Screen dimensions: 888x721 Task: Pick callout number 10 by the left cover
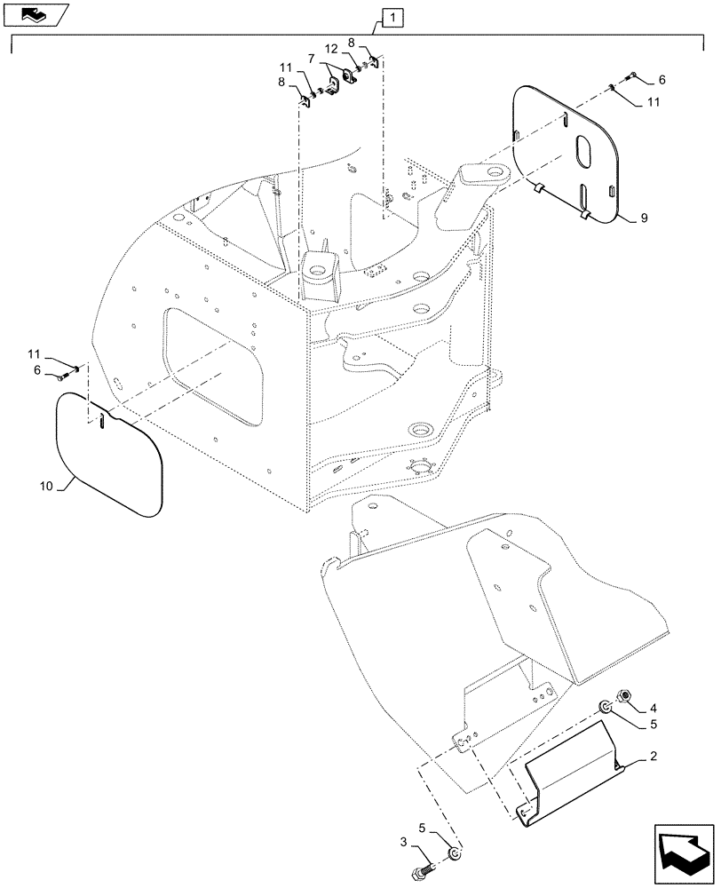[x=47, y=485]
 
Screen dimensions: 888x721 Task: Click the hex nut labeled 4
[x=623, y=694]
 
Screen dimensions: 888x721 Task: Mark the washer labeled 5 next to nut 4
[x=604, y=707]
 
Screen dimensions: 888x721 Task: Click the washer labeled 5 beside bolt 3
[x=454, y=854]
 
